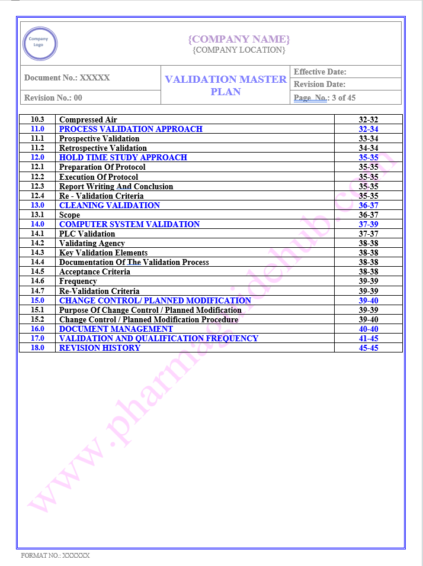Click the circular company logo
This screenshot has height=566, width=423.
[x=40, y=43]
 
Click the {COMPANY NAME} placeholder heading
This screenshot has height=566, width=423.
[x=239, y=39]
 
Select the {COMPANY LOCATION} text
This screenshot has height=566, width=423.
[x=239, y=50]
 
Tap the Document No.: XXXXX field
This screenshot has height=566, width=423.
[x=67, y=77]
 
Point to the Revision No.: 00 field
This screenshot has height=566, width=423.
[x=53, y=98]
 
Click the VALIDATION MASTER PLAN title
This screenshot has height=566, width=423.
[x=226, y=85]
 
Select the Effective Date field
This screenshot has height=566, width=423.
[x=320, y=72]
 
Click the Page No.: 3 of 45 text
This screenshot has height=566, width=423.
[x=325, y=98]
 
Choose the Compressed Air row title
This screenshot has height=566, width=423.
[x=88, y=119]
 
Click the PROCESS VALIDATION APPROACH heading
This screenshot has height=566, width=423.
[x=131, y=129]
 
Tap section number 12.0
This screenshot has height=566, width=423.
[x=37, y=157]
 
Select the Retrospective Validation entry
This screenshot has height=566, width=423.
[x=103, y=148]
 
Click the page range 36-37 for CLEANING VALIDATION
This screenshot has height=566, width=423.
[x=368, y=205]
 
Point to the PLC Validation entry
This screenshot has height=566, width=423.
[x=87, y=234]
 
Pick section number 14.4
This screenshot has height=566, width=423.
[x=37, y=262]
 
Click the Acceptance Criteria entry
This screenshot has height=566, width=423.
[x=95, y=271]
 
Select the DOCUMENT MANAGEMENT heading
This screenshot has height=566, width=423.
[x=116, y=329]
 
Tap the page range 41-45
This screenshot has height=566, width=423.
[x=368, y=338]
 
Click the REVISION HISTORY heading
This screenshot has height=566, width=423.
[x=100, y=348]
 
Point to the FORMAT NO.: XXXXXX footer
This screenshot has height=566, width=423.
[x=55, y=555]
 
